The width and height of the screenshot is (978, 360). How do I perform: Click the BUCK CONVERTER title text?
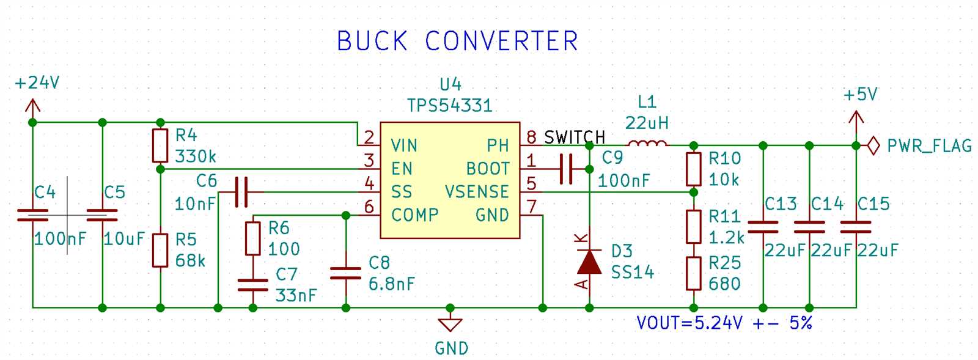[457, 42]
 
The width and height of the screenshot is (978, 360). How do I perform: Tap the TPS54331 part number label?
[449, 106]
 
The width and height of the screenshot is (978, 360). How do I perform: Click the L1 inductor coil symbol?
[647, 144]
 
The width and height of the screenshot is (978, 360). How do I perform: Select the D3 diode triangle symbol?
[589, 262]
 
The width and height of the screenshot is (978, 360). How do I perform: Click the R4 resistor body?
[160, 145]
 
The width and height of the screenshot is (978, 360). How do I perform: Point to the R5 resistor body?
[160, 250]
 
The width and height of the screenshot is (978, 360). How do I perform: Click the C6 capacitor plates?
[241, 192]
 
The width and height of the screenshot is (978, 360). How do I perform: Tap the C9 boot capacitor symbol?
[567, 169]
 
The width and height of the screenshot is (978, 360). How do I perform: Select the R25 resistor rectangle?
[693, 273]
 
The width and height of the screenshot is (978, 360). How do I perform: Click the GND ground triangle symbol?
[450, 325]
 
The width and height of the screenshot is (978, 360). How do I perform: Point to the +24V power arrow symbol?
[32, 108]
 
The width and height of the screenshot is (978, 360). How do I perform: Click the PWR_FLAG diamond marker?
[873, 146]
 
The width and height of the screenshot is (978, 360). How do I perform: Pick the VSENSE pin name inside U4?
[477, 192]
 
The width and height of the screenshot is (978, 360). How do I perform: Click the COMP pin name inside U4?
[414, 215]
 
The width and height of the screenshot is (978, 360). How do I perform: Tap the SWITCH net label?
[574, 138]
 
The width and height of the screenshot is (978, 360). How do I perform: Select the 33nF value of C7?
[296, 296]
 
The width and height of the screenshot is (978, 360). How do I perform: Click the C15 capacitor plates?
[856, 227]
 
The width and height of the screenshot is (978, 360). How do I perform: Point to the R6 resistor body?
[252, 238]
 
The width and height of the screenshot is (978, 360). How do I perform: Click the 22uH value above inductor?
[647, 123]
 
